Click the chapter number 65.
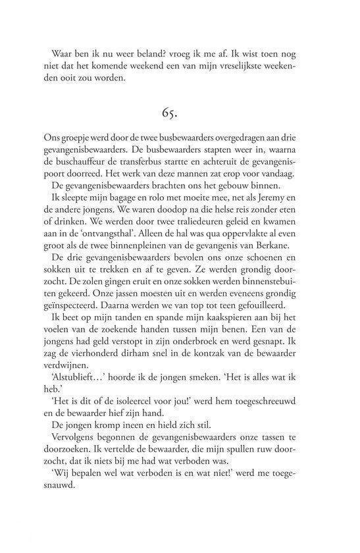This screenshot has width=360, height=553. click(x=180, y=113)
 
